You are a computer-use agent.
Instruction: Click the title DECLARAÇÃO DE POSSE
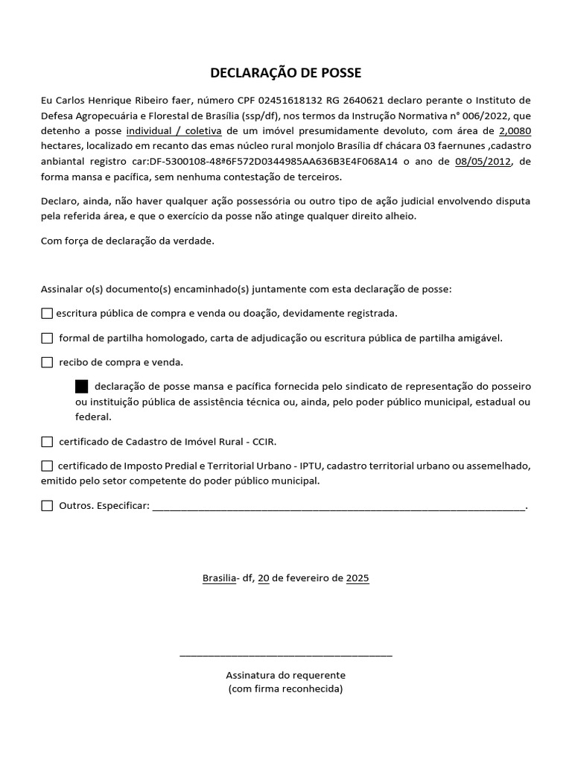(x=286, y=72)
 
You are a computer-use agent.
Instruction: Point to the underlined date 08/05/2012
(x=483, y=162)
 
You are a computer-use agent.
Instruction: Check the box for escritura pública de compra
(x=47, y=314)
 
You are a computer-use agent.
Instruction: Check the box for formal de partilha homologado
(x=47, y=338)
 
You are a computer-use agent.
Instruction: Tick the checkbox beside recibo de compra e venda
(x=47, y=363)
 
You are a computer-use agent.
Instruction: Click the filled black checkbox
(x=82, y=387)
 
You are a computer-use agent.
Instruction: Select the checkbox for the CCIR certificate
(x=47, y=442)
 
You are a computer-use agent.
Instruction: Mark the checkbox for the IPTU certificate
(x=47, y=466)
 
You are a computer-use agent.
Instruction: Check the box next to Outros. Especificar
(x=47, y=506)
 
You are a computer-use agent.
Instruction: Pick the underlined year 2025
(x=357, y=578)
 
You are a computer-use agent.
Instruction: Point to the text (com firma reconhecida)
(x=286, y=689)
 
